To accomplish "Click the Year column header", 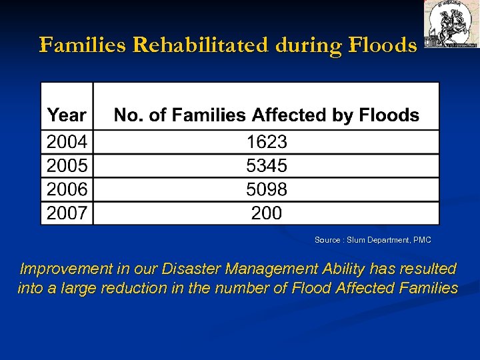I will click(x=67, y=115).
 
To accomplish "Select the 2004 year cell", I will click(x=67, y=142).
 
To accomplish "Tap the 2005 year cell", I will click(x=67, y=165).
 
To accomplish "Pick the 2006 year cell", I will click(x=67, y=189).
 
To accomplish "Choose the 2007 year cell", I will click(x=67, y=213).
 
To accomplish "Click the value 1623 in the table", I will click(x=267, y=142).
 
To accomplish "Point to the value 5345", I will click(x=267, y=165).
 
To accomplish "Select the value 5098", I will click(x=267, y=189).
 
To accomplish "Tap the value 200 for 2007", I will click(x=267, y=213).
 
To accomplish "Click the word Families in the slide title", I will click(x=83, y=45).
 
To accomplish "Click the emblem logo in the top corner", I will click(x=451, y=24).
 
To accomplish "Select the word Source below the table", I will click(x=327, y=240).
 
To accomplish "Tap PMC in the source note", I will click(x=422, y=240).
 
